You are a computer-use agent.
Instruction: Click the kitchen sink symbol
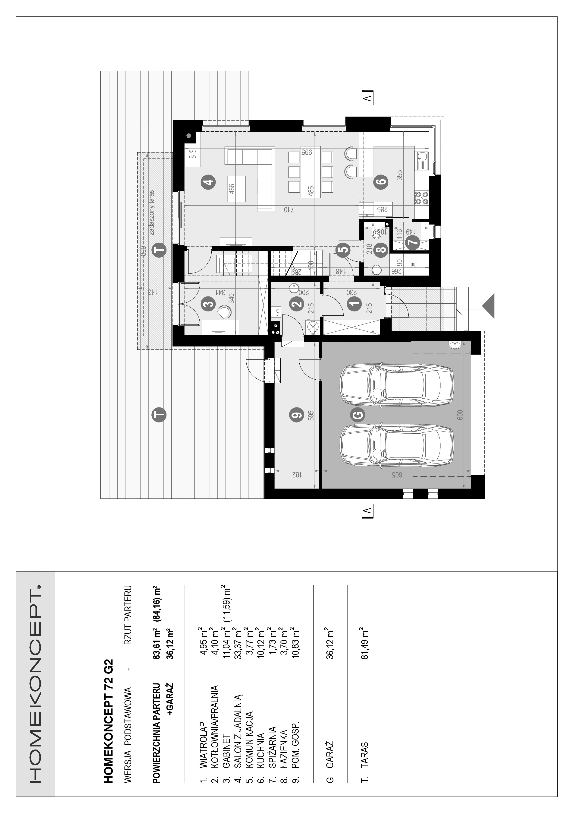click(x=422, y=161)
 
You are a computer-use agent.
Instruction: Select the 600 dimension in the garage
click(x=460, y=415)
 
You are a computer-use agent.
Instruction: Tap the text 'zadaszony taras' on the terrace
click(x=151, y=213)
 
